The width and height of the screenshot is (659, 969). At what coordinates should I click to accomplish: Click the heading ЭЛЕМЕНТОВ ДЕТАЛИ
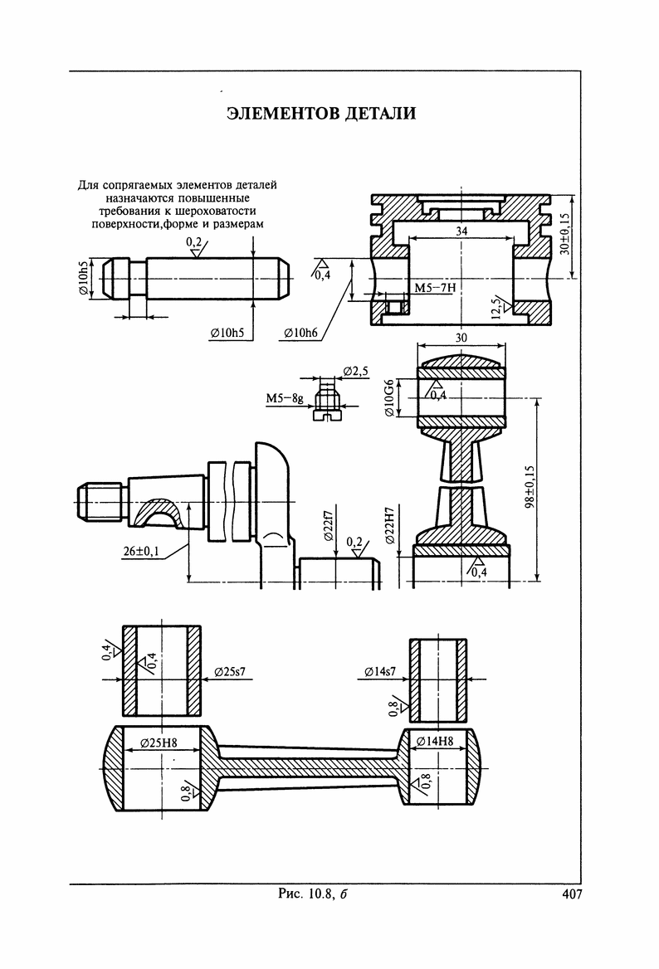click(321, 113)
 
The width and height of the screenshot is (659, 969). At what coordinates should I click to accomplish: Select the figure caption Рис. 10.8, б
click(312, 894)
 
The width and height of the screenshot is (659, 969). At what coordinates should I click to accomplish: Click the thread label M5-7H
click(435, 288)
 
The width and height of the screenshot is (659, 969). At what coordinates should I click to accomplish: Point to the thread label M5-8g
click(285, 398)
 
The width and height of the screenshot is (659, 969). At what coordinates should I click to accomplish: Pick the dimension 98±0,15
click(530, 487)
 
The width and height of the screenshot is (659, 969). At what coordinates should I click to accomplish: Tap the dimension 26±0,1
click(141, 551)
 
